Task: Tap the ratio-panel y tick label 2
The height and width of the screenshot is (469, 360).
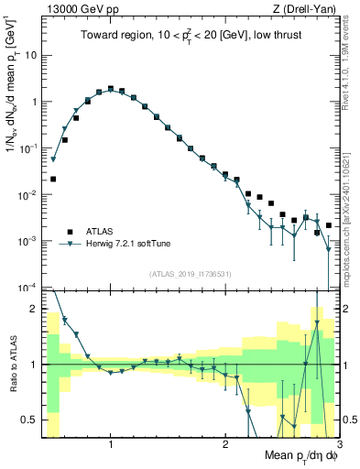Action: coord(34,309)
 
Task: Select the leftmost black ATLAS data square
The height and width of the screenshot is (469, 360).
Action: coord(53,180)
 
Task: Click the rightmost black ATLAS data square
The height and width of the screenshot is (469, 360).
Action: coord(328,224)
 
